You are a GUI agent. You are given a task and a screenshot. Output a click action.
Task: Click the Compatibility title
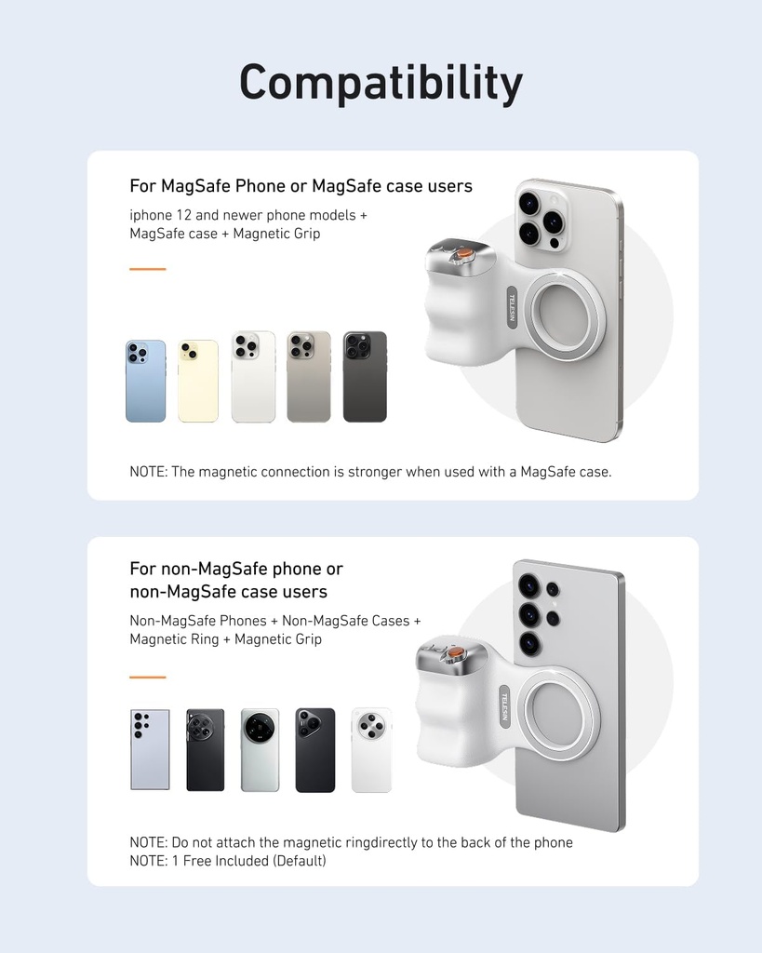point(381,84)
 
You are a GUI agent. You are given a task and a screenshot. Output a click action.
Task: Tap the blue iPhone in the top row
point(146,382)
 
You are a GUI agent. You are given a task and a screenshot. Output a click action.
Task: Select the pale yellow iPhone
point(198,382)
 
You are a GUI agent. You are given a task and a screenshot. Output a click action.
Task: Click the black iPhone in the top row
point(365,377)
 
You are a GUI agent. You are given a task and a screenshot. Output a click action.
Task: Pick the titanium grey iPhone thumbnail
point(309,377)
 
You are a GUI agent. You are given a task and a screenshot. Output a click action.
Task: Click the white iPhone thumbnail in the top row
point(253,377)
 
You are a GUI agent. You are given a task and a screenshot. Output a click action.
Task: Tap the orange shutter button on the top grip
point(462,254)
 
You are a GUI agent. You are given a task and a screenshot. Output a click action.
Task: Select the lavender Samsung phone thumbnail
point(150,750)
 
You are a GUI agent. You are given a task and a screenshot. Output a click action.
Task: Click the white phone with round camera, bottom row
point(371,750)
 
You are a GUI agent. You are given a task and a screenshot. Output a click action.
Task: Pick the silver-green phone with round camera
point(260,750)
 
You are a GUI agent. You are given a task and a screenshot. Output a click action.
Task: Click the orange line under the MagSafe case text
point(147,269)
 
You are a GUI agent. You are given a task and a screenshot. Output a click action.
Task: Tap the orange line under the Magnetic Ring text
point(147,677)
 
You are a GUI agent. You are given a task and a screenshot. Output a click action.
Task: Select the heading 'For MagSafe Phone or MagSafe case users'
point(301,186)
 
